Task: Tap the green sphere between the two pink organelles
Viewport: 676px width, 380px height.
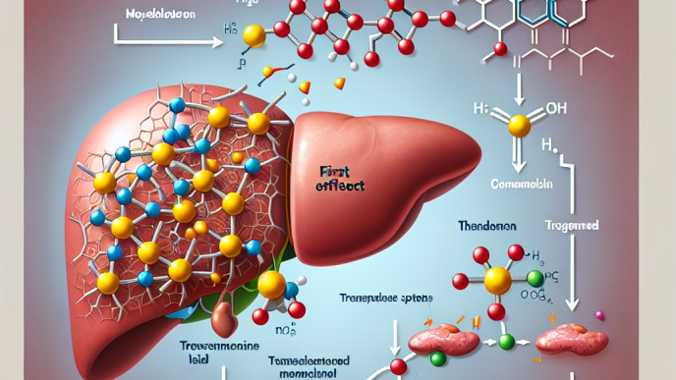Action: point(508,342)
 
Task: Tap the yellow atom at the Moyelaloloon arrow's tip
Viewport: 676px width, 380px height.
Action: point(254,37)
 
